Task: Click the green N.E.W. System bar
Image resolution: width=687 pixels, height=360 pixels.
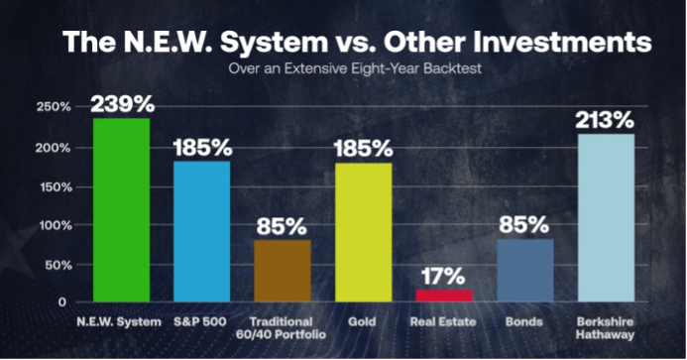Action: point(121,209)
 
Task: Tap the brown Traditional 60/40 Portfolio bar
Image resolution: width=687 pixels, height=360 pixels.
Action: point(283,270)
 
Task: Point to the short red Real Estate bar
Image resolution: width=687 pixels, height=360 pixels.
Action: point(443,295)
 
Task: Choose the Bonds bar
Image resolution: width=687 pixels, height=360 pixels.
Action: point(524,270)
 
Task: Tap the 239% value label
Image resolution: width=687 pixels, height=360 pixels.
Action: point(121,104)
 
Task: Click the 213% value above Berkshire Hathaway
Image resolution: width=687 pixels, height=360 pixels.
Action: point(605,121)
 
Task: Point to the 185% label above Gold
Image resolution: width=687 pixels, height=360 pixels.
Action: point(364,148)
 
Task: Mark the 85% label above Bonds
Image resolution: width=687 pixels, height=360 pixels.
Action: point(525,225)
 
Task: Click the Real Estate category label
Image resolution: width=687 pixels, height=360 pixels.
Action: point(443,321)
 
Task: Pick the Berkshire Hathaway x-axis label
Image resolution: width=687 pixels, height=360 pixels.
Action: point(605,328)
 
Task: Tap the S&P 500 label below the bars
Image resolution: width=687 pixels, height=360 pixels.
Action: point(202,321)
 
